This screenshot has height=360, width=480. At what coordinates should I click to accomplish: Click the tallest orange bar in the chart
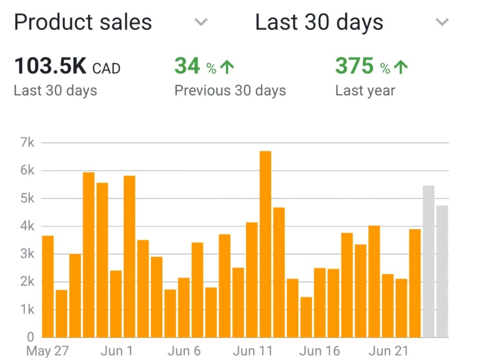pyautogui.click(x=265, y=244)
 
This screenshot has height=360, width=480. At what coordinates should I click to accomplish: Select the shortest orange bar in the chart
pyautogui.click(x=306, y=317)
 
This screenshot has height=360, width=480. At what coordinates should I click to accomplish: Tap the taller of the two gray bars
pyautogui.click(x=428, y=261)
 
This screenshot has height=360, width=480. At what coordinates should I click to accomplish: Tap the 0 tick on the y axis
pyautogui.click(x=30, y=337)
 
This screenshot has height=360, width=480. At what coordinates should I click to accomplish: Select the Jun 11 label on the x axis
pyautogui.click(x=253, y=351)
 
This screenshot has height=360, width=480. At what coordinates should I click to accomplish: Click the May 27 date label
pyautogui.click(x=48, y=351)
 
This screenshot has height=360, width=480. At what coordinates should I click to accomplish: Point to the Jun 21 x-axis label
pyautogui.click(x=388, y=351)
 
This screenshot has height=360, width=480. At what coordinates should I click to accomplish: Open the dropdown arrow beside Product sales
pyautogui.click(x=201, y=22)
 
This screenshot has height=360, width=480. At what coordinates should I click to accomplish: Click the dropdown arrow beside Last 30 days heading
pyautogui.click(x=442, y=22)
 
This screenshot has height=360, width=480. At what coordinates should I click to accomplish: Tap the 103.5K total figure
pyautogui.click(x=50, y=66)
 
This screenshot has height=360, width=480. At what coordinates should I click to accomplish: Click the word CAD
pyautogui.click(x=106, y=69)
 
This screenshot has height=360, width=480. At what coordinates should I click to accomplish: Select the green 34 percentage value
pyautogui.click(x=187, y=66)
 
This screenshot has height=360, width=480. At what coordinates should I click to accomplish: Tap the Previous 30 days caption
pyautogui.click(x=230, y=90)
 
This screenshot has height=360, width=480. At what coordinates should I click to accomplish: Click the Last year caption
pyautogui.click(x=365, y=90)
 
